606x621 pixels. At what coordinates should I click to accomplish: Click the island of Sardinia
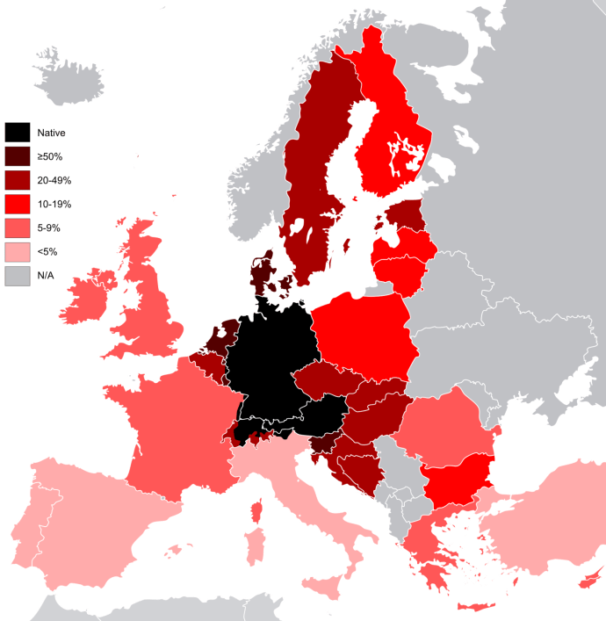pyautogui.click(x=254, y=541)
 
